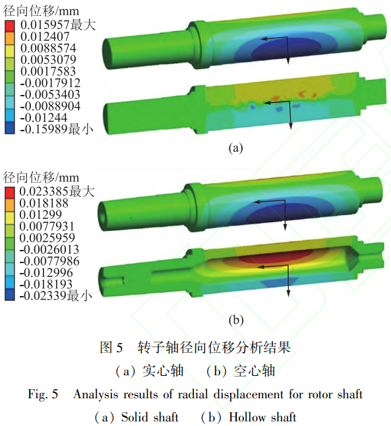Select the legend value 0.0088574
(48, 48)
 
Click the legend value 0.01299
(40, 214)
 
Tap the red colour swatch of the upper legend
(9, 26)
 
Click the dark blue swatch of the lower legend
(9, 295)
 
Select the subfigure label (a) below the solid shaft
(235, 148)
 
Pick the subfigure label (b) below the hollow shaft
(236, 320)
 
